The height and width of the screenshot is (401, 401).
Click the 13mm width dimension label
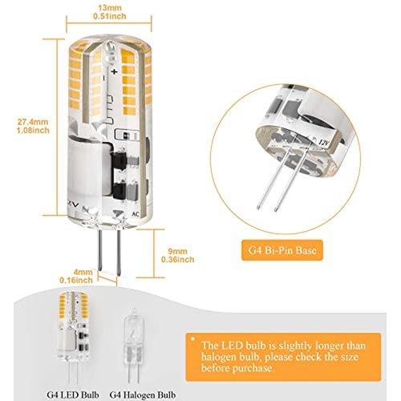(x=110, y=7)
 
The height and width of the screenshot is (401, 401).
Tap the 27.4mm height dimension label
(x=33, y=122)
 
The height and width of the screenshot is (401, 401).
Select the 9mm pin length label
(x=177, y=251)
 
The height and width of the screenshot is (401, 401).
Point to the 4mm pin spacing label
(x=83, y=272)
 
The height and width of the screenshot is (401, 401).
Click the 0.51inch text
(x=110, y=16)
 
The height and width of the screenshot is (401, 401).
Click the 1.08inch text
(x=33, y=130)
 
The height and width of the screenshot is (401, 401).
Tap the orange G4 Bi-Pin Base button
(x=282, y=250)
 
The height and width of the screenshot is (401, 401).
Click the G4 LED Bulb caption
(x=73, y=395)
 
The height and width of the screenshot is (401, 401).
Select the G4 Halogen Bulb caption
(x=143, y=395)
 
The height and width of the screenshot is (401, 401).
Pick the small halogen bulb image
(x=132, y=346)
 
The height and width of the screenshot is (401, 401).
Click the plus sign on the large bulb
(x=114, y=71)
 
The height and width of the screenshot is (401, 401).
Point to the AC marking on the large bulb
(x=136, y=214)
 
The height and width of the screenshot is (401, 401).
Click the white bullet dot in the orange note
(x=192, y=339)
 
